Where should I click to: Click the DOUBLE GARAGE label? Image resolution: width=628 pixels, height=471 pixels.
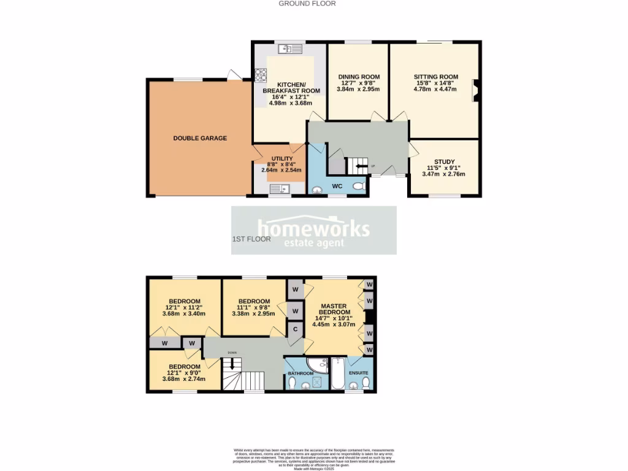coord(200,138)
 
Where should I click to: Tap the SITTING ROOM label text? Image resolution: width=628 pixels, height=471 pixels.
coord(435,78)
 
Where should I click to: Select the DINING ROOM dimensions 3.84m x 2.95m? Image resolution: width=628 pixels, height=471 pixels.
coord(358,90)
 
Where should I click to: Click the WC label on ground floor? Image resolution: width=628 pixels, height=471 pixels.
coord(337,185)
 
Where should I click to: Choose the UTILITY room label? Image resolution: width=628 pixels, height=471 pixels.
coord(281,158)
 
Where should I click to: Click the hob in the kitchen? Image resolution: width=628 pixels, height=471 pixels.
coord(261,75)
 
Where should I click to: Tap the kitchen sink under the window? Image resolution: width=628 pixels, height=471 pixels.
coord(290,49)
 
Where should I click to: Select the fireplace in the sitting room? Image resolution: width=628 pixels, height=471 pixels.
coord(475,91)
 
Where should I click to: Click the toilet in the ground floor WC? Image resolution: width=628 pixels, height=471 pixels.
coord(359,185)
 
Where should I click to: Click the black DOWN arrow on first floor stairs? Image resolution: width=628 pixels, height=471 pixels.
coord(231,363)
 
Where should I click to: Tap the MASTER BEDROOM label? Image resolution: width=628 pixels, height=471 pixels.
coord(333,309)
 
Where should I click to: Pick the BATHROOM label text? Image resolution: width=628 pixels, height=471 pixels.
coord(301,373)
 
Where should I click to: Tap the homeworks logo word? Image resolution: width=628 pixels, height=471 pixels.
coord(313,228)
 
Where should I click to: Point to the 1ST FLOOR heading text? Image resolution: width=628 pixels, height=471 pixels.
coord(251,239)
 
